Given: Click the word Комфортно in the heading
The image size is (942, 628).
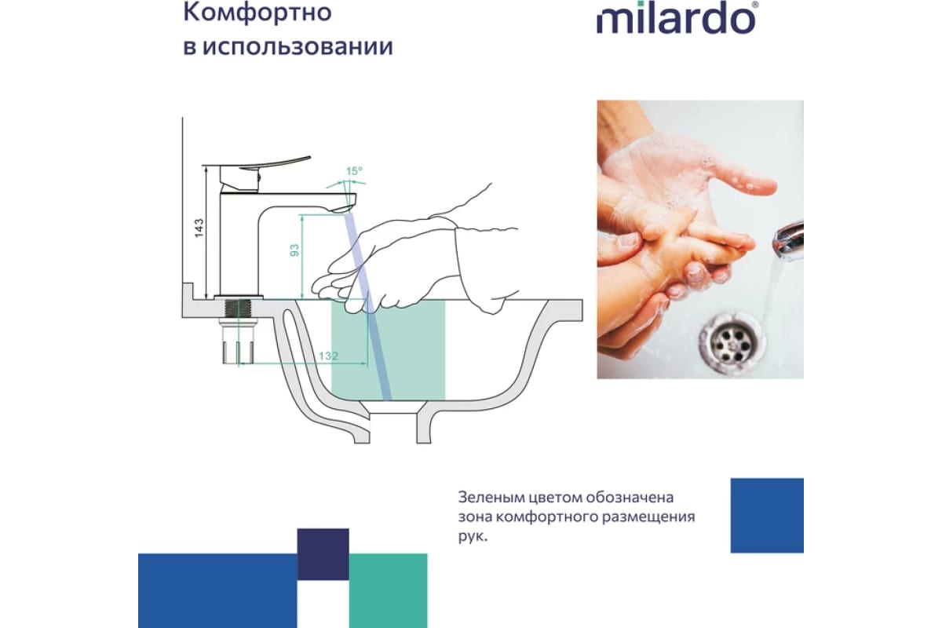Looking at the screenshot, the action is pyautogui.click(x=257, y=13).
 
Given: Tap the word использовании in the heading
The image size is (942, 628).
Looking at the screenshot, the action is pyautogui.click(x=298, y=46).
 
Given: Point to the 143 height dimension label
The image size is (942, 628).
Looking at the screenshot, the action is pyautogui.click(x=199, y=228).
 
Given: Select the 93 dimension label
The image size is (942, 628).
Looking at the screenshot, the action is pyautogui.click(x=295, y=250).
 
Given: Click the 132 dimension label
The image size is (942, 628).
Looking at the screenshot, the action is pyautogui.click(x=328, y=356).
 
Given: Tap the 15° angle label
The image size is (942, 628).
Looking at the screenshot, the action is pyautogui.click(x=354, y=171).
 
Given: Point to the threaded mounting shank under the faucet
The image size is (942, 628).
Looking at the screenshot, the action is pyautogui.click(x=238, y=309).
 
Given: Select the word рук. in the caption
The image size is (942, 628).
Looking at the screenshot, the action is pyautogui.click(x=473, y=537).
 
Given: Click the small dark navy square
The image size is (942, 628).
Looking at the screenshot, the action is pyautogui.click(x=323, y=554).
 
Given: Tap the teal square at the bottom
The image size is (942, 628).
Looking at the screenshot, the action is pyautogui.click(x=388, y=590).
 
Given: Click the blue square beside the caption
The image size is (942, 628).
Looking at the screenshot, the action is pyautogui.click(x=767, y=515).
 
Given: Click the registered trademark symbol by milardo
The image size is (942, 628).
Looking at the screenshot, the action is pyautogui.click(x=755, y=5).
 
